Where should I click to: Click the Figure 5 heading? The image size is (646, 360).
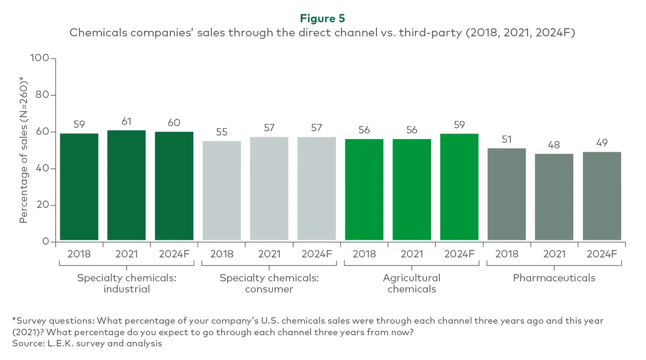point(323,18)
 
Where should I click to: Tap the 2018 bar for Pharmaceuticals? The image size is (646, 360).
point(506,194)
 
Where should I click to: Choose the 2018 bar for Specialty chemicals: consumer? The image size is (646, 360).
point(222,191)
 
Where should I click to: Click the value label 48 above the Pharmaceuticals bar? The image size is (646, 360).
point(554,144)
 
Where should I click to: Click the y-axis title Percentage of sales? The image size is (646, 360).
point(23,149)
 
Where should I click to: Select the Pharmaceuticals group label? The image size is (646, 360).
point(554,278)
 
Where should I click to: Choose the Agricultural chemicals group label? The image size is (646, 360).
point(411,284)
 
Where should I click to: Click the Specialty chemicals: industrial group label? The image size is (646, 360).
point(126,284)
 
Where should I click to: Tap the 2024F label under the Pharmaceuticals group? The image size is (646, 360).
point(602,254)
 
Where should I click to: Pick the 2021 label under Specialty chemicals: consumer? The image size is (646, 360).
point(269,254)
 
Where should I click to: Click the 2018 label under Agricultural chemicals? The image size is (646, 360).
point(364,254)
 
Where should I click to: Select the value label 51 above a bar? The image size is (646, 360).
point(506,139)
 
